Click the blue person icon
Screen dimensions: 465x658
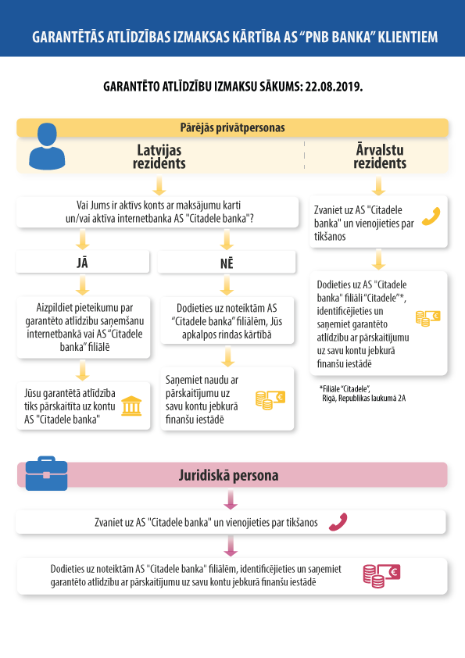[x=47, y=146]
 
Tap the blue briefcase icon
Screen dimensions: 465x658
[x=46, y=474]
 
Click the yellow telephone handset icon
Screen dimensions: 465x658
[x=431, y=216]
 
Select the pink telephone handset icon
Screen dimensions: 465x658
[x=338, y=522]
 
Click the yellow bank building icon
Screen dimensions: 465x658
[x=131, y=406]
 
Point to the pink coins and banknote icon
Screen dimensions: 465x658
[x=381, y=576]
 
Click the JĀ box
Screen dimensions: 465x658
[x=83, y=263]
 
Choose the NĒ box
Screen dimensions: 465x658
[x=227, y=263]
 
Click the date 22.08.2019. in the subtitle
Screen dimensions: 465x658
[x=334, y=87]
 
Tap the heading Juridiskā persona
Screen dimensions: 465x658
[x=228, y=475]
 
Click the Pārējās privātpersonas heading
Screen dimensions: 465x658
[x=232, y=127]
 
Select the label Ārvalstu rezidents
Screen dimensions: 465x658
[x=380, y=156]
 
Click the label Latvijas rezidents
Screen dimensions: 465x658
[x=159, y=156]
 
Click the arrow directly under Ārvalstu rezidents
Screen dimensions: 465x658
[x=378, y=185]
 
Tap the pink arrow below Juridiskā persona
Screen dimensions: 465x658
[x=231, y=499]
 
